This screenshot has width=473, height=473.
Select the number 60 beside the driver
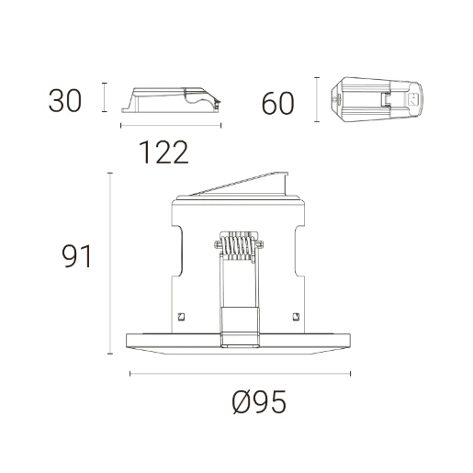[x=277, y=103]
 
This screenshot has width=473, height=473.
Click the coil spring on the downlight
[x=239, y=246]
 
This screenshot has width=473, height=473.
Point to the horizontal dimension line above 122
[x=171, y=126]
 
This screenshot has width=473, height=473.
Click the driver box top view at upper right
[x=378, y=98]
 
